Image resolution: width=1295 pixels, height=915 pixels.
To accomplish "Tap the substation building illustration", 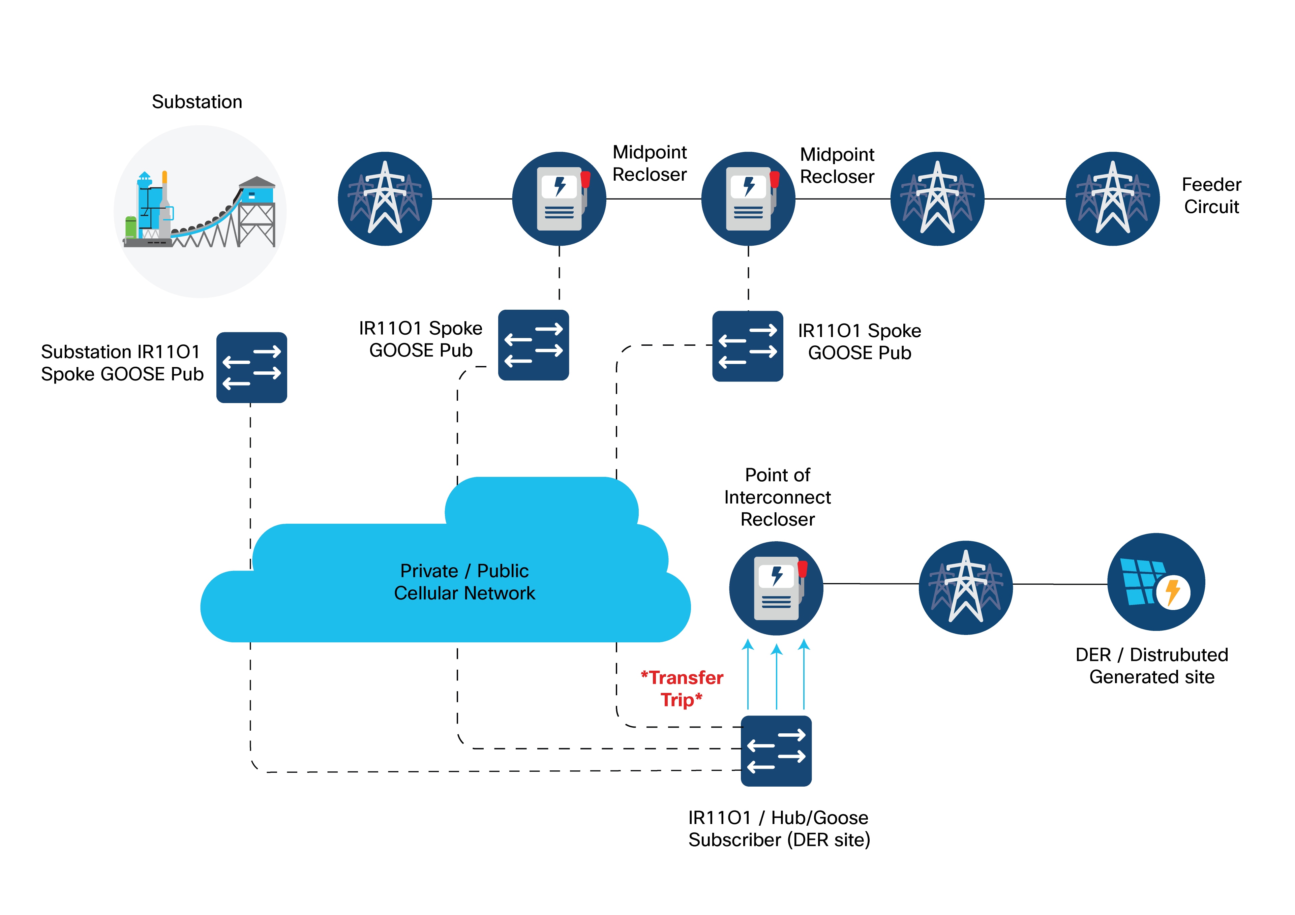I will [x=200, y=212].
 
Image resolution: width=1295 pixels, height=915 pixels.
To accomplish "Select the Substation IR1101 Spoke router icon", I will [x=251, y=367].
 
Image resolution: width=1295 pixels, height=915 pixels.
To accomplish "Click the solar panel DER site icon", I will [x=1156, y=582].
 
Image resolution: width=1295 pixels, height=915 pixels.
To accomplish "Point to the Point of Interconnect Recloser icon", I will [x=776, y=588].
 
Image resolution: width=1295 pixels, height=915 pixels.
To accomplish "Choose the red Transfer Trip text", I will [x=682, y=688].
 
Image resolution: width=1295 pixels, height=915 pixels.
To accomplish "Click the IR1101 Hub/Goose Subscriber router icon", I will [x=776, y=751].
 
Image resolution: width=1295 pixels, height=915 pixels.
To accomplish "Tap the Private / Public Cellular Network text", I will [x=464, y=582].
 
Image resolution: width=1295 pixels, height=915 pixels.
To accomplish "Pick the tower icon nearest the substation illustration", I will [x=385, y=199].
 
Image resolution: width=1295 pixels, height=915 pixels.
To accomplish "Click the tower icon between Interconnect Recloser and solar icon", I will [x=966, y=587].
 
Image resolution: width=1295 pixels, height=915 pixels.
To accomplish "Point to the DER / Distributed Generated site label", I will [x=1152, y=666].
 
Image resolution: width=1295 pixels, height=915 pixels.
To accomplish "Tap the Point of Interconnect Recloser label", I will [x=777, y=497].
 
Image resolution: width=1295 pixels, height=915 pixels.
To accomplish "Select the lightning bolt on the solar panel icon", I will [x=1173, y=592].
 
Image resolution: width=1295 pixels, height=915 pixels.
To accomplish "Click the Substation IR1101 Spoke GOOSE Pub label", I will [x=122, y=363].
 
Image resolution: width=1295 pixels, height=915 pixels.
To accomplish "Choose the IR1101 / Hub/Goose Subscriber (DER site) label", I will [x=779, y=829].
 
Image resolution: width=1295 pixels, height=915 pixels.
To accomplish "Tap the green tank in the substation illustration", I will [x=130, y=227].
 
